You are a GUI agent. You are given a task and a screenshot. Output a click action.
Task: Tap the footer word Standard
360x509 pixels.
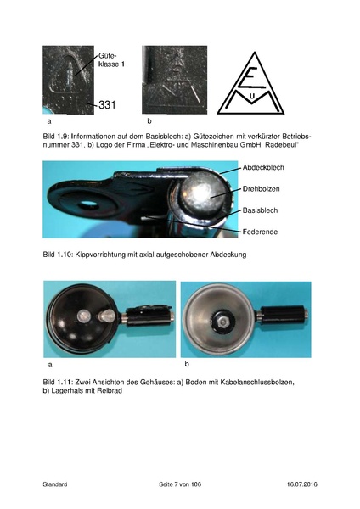pyautogui.click(x=54, y=484)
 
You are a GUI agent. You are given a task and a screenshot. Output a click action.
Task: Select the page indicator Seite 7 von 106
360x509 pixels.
pyautogui.click(x=180, y=484)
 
